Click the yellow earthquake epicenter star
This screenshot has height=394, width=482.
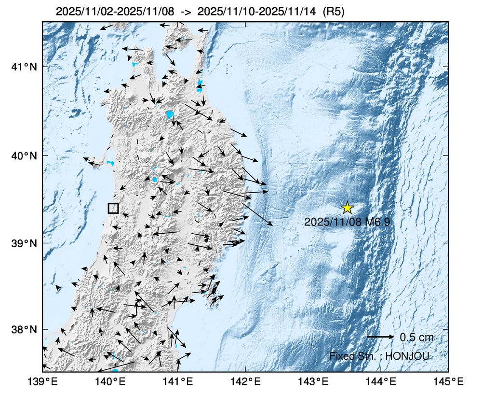[347, 208]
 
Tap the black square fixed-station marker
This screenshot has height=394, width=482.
[113, 208]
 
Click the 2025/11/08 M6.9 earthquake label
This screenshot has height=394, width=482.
[347, 222]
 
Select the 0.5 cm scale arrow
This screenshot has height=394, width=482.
[381, 337]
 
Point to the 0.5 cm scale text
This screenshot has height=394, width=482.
[416, 337]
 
